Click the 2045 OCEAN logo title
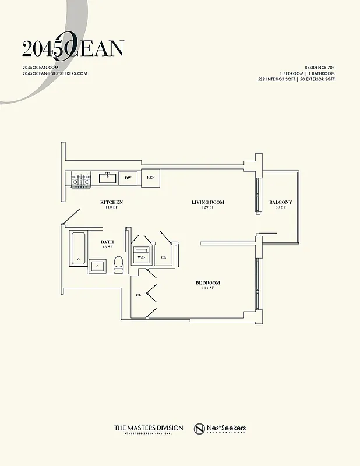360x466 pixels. (72, 49)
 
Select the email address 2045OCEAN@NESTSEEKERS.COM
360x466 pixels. (55, 73)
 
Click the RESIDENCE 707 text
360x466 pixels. (320, 68)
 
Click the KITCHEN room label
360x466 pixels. (111, 203)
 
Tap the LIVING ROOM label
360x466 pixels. (208, 203)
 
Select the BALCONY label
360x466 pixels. (280, 203)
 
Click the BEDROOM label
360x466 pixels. (208, 283)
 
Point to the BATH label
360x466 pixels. (107, 242)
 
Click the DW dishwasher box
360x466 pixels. (128, 178)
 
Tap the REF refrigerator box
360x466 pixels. (150, 178)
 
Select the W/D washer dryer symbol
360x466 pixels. (142, 256)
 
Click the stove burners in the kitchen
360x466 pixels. (81, 180)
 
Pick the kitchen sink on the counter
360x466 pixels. (108, 178)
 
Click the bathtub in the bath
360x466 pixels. (77, 249)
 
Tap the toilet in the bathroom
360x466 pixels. (119, 264)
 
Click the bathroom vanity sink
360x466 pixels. (97, 267)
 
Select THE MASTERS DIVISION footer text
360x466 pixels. (149, 428)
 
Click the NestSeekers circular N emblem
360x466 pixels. (200, 429)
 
